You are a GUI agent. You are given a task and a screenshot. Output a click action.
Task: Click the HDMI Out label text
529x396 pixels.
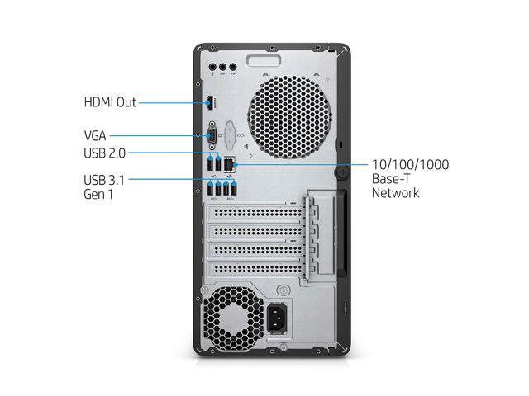[x=110, y=102]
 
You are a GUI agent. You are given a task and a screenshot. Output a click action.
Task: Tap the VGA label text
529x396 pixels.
[x=95, y=135]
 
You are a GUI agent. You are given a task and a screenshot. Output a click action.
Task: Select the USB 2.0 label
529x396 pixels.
[x=105, y=153]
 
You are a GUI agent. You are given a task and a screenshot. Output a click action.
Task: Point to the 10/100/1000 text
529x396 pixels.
[x=410, y=165]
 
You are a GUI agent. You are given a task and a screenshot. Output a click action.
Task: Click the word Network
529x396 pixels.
[x=395, y=193]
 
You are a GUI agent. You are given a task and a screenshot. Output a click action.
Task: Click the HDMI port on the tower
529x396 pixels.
[x=210, y=103]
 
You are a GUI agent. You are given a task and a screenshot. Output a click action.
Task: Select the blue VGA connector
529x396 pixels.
[x=212, y=135]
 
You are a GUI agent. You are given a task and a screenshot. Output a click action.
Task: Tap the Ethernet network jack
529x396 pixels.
[x=230, y=164]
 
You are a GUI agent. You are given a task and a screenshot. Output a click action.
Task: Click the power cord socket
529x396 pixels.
[x=277, y=318]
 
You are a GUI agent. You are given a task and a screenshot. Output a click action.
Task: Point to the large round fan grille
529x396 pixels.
[x=290, y=117]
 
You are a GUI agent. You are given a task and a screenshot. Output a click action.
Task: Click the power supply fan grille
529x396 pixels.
[x=233, y=318]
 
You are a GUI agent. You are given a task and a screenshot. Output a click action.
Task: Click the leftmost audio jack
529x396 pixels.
[x=212, y=67]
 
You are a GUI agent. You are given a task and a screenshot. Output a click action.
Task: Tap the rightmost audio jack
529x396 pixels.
[x=233, y=67]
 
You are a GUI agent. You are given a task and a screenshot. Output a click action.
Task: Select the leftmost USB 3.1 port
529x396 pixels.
[x=210, y=189]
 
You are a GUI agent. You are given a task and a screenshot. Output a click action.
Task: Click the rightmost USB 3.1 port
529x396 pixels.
[x=233, y=189]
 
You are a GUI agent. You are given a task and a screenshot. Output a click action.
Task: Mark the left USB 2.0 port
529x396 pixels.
[x=210, y=164]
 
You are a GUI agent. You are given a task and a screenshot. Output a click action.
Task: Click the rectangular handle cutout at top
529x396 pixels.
[x=264, y=60]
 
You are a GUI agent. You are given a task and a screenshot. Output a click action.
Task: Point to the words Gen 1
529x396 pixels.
[x=98, y=195]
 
